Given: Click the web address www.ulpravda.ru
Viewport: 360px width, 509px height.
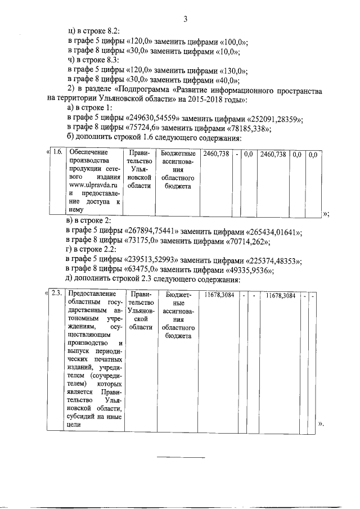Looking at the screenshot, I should click(91, 184).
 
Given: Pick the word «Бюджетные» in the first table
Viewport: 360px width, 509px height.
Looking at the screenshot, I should click(178, 154).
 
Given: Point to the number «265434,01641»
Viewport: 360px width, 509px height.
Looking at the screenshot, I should click(276, 233).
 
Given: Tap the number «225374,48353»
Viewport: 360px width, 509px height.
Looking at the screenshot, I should click(276, 261).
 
